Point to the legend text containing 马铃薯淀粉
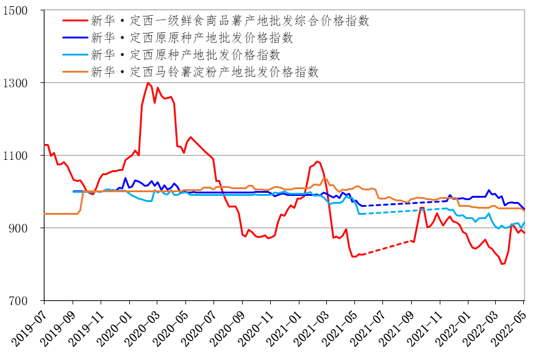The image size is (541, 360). (x=205, y=71)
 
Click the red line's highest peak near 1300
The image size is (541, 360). (x=148, y=83)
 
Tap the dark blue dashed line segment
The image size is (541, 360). (x=390, y=204)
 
